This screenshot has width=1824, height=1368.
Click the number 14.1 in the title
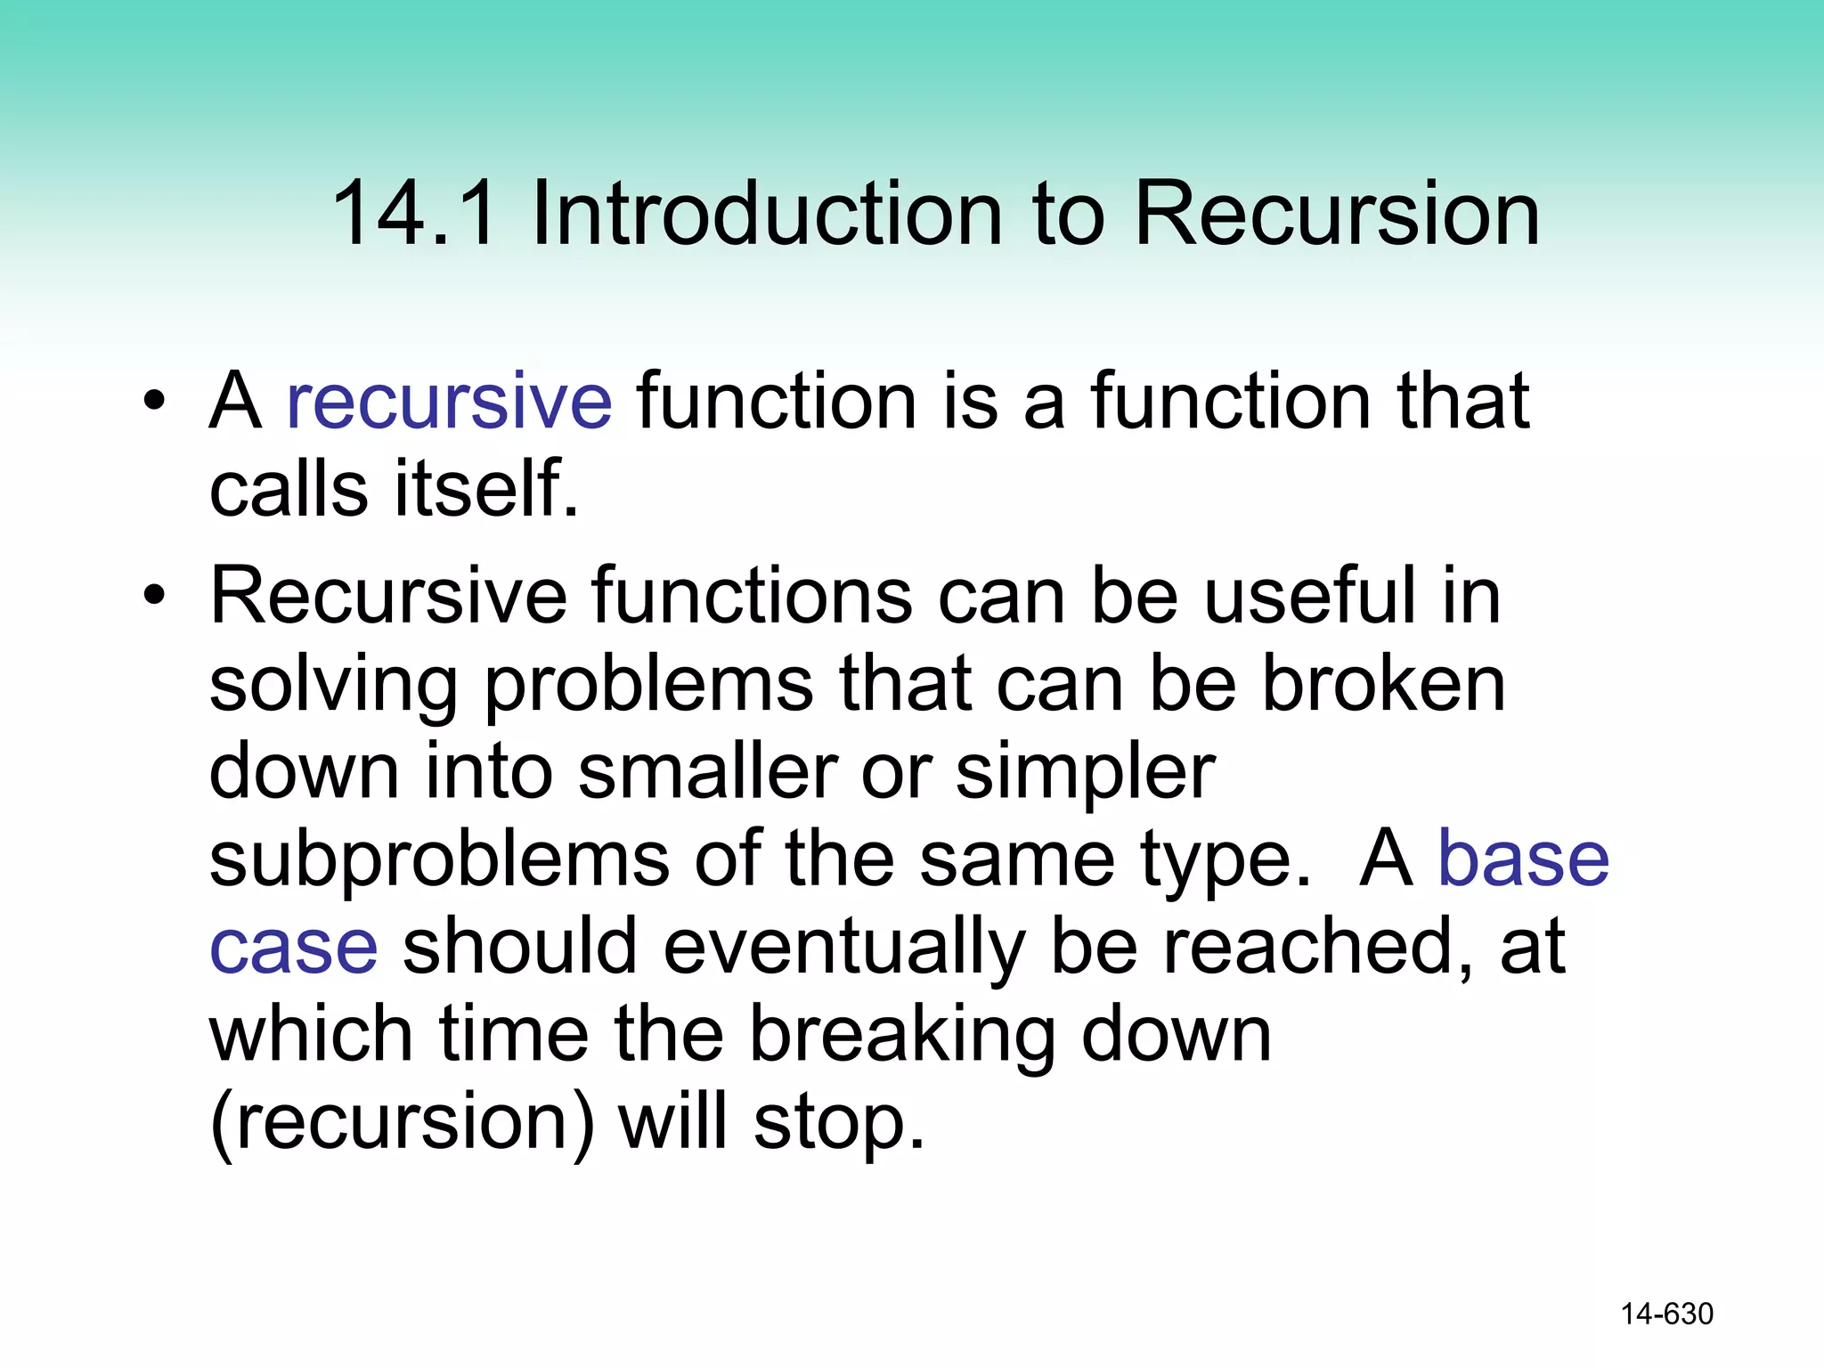(x=413, y=214)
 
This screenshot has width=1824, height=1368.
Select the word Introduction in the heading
(x=766, y=214)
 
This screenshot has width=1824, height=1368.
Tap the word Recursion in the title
(x=1336, y=214)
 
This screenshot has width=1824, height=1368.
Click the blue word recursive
(x=449, y=403)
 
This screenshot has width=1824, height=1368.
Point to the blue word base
(x=1524, y=859)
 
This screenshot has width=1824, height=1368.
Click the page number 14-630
(x=1666, y=1314)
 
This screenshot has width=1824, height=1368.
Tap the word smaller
(x=708, y=771)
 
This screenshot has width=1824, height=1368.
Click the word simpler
(x=1085, y=773)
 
